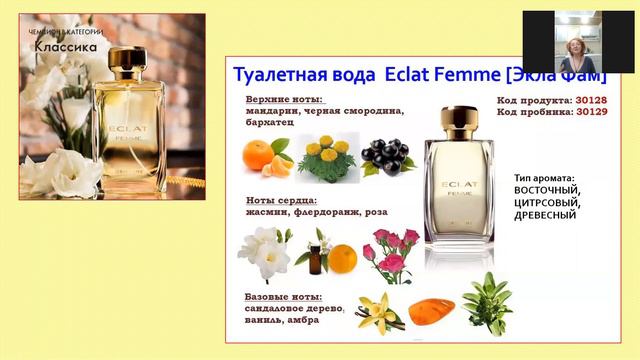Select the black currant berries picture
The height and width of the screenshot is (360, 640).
tap(385, 155)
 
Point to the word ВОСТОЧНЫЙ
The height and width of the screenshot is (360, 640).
tap(547, 190)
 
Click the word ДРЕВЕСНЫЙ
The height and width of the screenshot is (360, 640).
tap(546, 215)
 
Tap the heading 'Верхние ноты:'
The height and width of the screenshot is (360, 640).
tap(278, 100)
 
